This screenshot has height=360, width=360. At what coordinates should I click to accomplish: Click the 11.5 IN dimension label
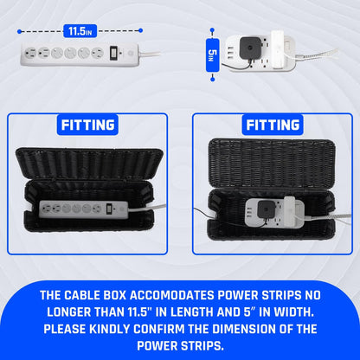[x=78, y=31]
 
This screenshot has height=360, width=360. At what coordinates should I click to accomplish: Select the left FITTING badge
[x=88, y=125]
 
